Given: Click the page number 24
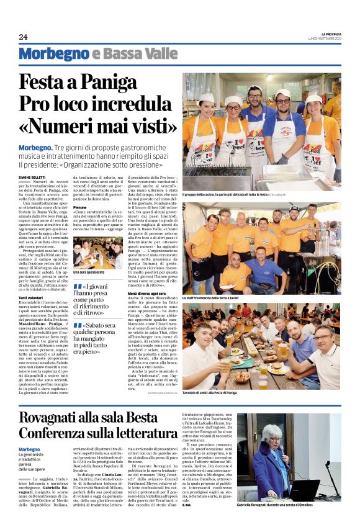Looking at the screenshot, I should (x=23, y=37).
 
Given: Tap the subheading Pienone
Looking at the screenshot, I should (x=79, y=207).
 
